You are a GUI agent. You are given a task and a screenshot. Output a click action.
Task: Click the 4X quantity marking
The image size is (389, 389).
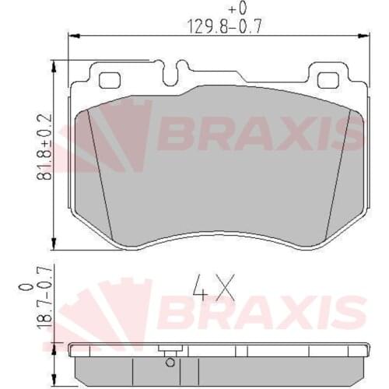click(x=212, y=290)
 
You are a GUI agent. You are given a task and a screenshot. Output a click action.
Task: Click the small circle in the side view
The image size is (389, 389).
click(x=167, y=359)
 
